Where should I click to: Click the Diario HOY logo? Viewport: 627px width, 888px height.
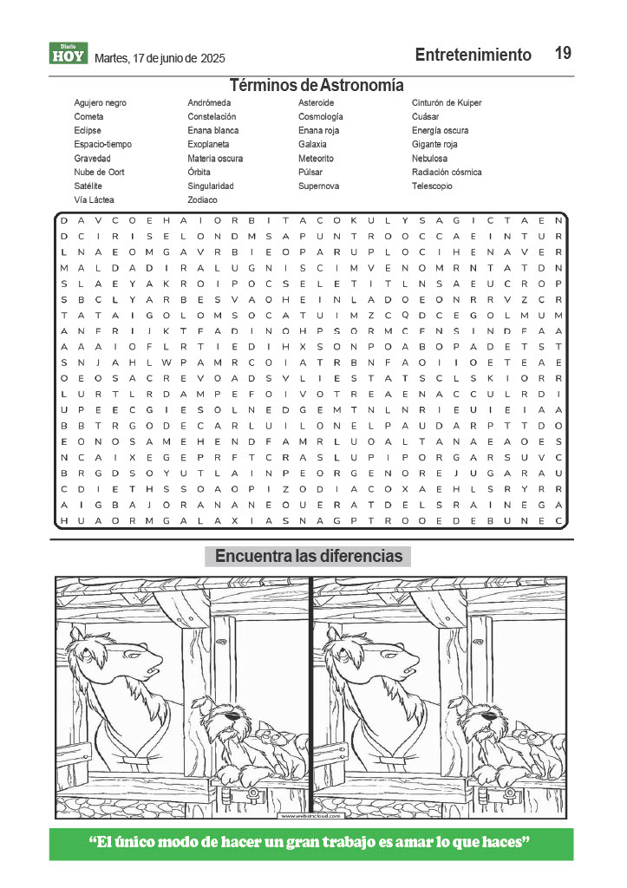[68, 54]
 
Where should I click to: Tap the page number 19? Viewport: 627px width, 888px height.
[563, 54]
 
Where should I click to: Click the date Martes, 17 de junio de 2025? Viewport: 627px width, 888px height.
[160, 58]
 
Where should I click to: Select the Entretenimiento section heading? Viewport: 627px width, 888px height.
[473, 55]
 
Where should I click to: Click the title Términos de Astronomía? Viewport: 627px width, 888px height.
[317, 85]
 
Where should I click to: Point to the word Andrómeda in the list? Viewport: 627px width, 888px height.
[209, 103]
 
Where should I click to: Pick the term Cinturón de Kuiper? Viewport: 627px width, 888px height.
[447, 103]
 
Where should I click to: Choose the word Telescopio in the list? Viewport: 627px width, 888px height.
[432, 186]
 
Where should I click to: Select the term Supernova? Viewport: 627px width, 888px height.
[318, 186]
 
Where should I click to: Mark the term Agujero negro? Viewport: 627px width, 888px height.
[100, 103]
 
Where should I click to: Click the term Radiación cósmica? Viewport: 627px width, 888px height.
[447, 173]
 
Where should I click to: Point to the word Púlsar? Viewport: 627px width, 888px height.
[310, 173]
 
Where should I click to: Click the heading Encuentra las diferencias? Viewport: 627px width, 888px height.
[308, 556]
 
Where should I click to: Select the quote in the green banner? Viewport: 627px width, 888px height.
[310, 843]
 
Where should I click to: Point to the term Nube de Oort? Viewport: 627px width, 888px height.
[99, 173]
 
